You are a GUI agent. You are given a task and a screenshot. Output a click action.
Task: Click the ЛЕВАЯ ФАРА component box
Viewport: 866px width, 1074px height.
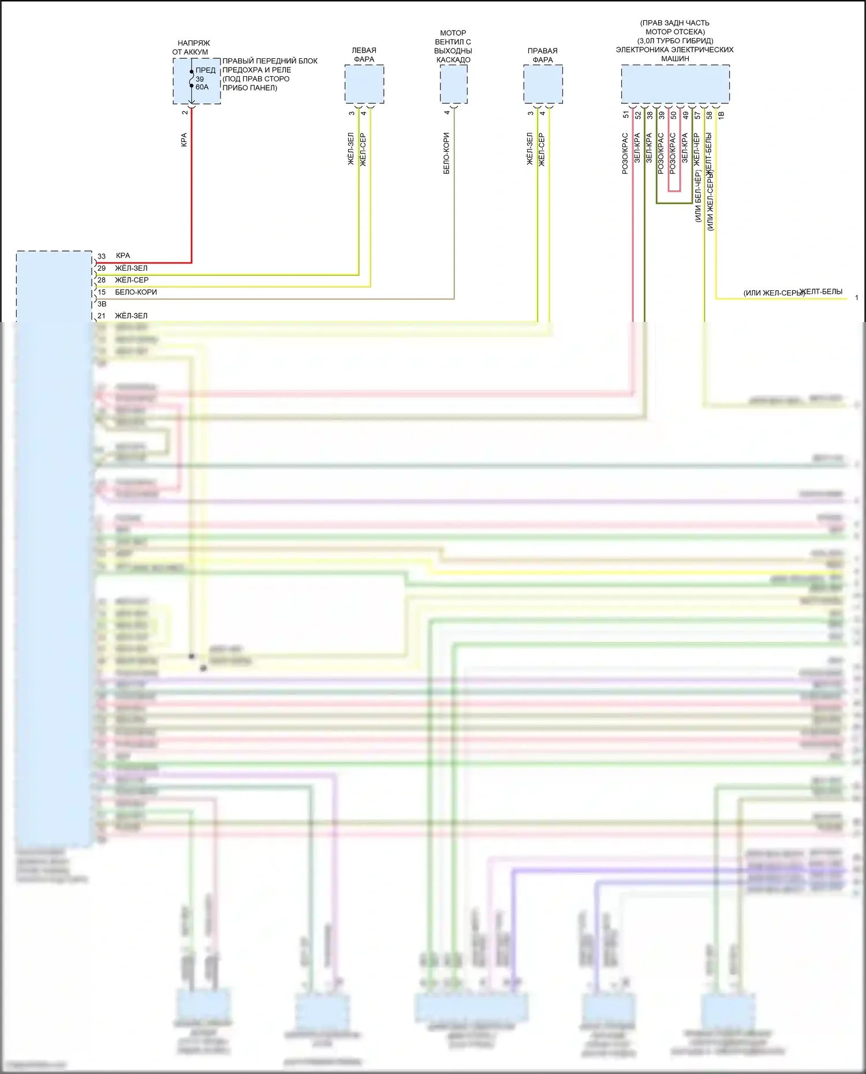(x=364, y=84)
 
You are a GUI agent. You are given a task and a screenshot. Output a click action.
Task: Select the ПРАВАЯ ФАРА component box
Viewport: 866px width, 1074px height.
(x=543, y=84)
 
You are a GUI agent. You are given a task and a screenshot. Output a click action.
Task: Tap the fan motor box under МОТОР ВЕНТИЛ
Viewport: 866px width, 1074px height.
(x=454, y=84)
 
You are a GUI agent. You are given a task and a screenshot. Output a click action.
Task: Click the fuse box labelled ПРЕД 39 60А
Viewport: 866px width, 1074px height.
(x=196, y=81)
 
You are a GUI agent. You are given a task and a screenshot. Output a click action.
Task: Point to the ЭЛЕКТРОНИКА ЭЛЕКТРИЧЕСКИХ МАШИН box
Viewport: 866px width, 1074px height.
(x=675, y=84)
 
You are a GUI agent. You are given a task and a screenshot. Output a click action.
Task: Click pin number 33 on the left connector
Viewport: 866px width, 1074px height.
(x=102, y=256)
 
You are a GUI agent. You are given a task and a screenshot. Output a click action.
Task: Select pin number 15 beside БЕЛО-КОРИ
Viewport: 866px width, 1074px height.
(x=102, y=293)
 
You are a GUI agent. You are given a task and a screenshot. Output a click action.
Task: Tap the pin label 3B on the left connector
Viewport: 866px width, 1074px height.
(x=102, y=304)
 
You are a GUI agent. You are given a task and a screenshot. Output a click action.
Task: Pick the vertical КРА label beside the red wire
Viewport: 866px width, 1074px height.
(x=184, y=140)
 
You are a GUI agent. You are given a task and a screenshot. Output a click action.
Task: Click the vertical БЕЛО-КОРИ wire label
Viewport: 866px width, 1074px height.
(x=446, y=154)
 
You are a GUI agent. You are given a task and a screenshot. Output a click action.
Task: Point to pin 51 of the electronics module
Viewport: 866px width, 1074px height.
(x=626, y=115)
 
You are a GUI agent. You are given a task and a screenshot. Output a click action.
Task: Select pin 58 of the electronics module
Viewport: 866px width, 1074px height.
(x=709, y=115)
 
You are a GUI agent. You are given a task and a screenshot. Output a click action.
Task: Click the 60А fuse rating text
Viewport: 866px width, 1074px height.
(x=202, y=87)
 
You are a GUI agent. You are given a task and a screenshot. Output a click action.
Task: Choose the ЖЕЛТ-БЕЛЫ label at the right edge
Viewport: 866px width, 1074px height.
(x=820, y=291)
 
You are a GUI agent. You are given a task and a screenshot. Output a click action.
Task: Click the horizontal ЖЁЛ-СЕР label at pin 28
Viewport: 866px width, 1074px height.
(x=132, y=280)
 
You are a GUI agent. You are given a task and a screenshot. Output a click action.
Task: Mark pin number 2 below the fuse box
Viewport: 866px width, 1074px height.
(x=185, y=112)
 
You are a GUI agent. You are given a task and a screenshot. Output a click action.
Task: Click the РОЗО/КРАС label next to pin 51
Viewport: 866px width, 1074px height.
(x=625, y=154)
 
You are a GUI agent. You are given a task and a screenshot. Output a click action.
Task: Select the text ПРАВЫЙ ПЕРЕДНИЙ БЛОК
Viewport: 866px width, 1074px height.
(x=270, y=61)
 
